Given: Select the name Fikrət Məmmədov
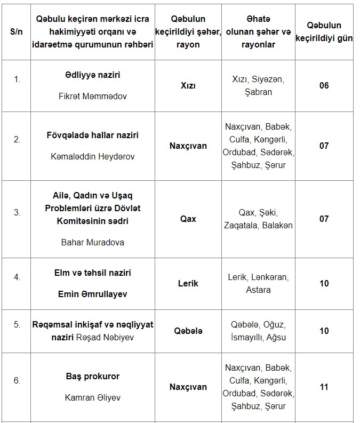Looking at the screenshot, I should pyautogui.click(x=93, y=97).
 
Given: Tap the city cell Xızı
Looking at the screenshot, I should pyautogui.click(x=188, y=85).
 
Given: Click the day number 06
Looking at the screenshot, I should pyautogui.click(x=324, y=85).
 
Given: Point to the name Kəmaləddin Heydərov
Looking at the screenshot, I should pyautogui.click(x=93, y=157).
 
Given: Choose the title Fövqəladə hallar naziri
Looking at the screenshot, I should pyautogui.click(x=93, y=135).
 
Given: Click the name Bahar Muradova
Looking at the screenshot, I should pyautogui.click(x=93, y=242).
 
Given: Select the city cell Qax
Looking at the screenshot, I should pyautogui.click(x=188, y=219).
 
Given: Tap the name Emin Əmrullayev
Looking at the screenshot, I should pyautogui.click(x=93, y=294).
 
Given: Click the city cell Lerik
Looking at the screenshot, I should pyautogui.click(x=188, y=283).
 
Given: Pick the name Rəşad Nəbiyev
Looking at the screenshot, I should pyautogui.click(x=106, y=337).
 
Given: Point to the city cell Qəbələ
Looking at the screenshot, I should pyautogui.click(x=188, y=331).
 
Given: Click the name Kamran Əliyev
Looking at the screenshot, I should pyautogui.click(x=93, y=397).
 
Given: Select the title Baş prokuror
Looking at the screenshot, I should pyautogui.click(x=93, y=376).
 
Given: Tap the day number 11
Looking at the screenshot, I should pyautogui.click(x=324, y=387).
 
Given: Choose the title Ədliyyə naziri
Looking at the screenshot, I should pyautogui.click(x=93, y=75).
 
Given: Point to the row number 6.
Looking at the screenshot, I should pyautogui.click(x=17, y=380).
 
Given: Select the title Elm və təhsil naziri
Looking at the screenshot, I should pyautogui.click(x=93, y=273).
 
